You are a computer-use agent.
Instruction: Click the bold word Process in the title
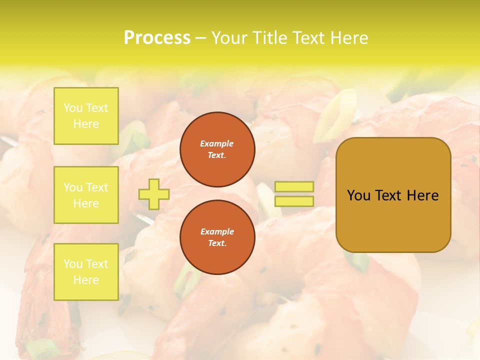(x=157, y=38)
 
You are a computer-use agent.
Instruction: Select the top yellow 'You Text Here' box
(x=86, y=116)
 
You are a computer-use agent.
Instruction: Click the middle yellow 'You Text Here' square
(x=86, y=195)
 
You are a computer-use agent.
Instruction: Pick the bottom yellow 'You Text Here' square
(x=86, y=272)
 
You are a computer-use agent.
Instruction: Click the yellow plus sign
(x=154, y=194)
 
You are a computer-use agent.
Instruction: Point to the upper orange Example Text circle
(x=217, y=149)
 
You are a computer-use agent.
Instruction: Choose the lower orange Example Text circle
(x=217, y=237)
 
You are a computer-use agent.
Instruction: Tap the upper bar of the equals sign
(x=294, y=187)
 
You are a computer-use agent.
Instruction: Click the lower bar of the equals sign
(x=294, y=201)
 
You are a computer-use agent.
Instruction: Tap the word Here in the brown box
(x=422, y=195)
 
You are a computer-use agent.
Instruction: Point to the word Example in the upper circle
(x=217, y=143)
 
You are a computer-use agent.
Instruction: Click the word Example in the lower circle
(x=217, y=231)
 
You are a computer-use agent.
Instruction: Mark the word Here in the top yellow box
(x=86, y=124)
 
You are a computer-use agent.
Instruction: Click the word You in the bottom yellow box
(x=73, y=264)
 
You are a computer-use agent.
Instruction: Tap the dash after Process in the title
(x=200, y=38)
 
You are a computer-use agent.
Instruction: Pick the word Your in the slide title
(x=229, y=38)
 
